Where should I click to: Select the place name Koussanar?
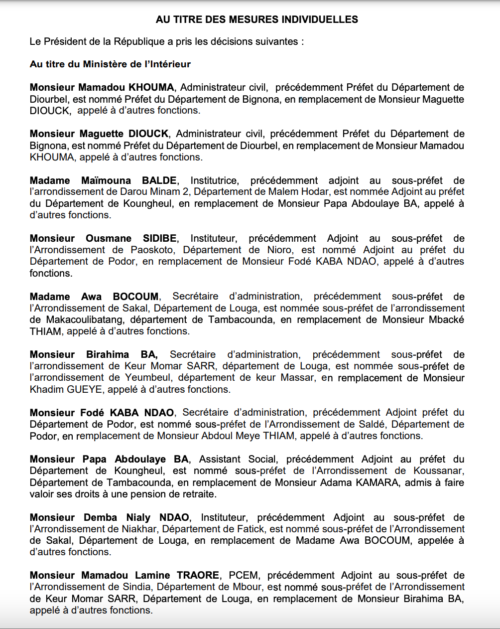pyautogui.click(x=439, y=471)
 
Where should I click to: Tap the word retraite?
pyautogui.click(x=199, y=494)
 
